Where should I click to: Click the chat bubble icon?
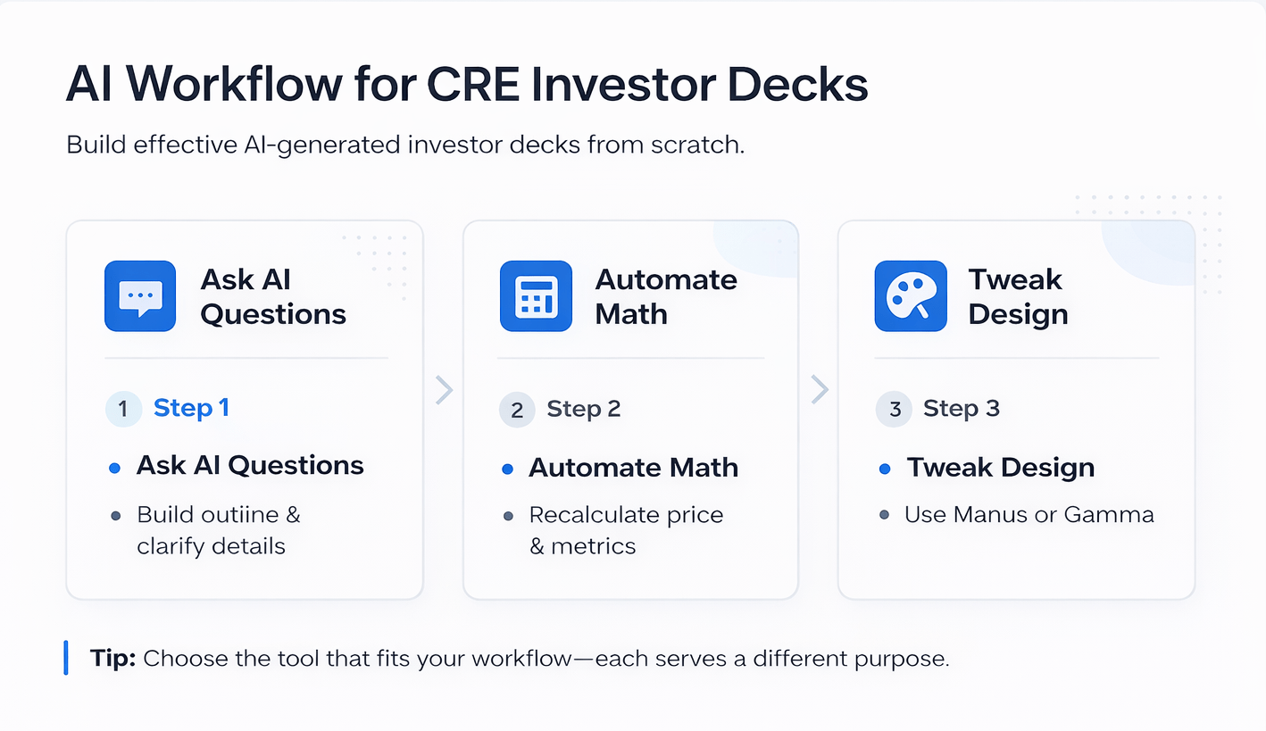(140, 296)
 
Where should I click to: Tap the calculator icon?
(536, 296)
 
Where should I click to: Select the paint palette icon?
(910, 296)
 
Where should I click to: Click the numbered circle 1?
(123, 409)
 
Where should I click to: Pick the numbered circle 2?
(517, 410)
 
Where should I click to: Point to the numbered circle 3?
(894, 410)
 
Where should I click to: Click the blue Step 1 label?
(191, 408)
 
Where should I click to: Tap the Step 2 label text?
(583, 409)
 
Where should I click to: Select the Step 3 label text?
(961, 409)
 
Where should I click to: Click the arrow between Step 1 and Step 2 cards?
(444, 390)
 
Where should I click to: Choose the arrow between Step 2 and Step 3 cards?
(819, 390)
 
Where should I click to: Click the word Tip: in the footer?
(112, 659)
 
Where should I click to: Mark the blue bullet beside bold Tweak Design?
(885, 469)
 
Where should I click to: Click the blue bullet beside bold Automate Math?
(508, 469)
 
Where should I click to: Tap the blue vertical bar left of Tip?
(66, 658)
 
